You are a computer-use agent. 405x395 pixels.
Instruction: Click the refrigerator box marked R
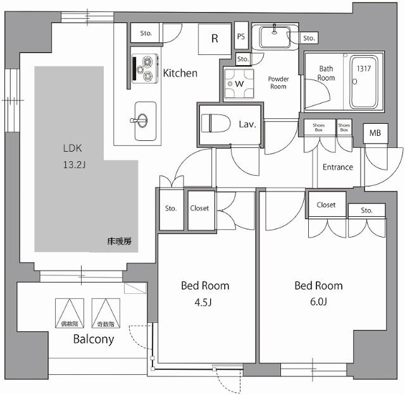215,39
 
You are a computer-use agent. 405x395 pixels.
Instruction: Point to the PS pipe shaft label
241,37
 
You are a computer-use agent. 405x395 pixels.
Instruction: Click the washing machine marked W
239,83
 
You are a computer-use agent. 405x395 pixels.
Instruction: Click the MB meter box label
375,134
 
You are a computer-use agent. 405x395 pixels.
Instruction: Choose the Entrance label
338,167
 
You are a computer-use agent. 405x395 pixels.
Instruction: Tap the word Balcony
94,339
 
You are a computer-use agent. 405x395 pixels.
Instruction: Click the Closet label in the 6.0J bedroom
326,205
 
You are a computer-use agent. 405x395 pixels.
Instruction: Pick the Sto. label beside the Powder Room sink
309,39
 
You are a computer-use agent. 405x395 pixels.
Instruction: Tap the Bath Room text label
326,73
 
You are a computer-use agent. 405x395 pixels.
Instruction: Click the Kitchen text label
180,73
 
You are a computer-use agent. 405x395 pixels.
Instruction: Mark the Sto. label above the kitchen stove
146,33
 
